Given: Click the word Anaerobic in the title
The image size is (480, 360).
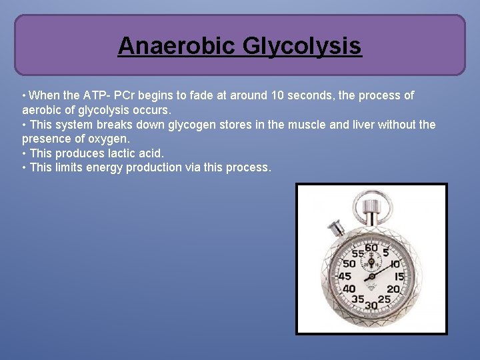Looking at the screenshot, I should pos(176,46).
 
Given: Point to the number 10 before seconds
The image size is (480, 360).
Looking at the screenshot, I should pos(279,95).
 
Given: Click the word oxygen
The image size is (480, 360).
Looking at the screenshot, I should pos(109,139).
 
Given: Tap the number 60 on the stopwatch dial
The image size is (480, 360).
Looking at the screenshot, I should pos(371,249).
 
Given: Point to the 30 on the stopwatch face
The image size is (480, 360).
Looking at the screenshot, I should pos(371,305).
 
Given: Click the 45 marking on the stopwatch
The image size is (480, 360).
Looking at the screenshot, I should pos(345,276).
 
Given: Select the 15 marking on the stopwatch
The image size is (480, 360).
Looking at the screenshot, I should pos(399,277).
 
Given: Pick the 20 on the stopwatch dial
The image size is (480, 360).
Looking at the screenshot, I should pos(393,289).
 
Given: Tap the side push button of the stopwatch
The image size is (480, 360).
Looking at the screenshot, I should pos(336,228).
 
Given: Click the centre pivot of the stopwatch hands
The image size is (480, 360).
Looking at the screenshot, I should pos(372,275).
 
